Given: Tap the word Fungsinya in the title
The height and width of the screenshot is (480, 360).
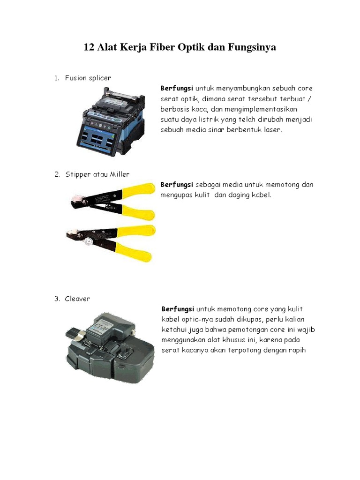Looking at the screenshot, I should tap(252, 47).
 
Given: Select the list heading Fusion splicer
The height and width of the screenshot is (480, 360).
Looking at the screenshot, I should tap(88, 78).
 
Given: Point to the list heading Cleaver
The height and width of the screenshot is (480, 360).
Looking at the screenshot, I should tap(78, 299).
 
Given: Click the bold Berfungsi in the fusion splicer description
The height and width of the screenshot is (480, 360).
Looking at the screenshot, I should tap(177, 88).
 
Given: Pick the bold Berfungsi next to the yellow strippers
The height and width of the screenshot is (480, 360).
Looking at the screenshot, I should tap(177, 185).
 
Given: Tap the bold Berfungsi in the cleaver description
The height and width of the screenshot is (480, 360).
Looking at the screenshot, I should tap(178, 309).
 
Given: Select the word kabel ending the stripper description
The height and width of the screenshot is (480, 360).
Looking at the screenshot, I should tap(261, 195).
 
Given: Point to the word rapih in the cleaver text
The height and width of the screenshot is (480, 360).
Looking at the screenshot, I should tap(296, 350).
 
